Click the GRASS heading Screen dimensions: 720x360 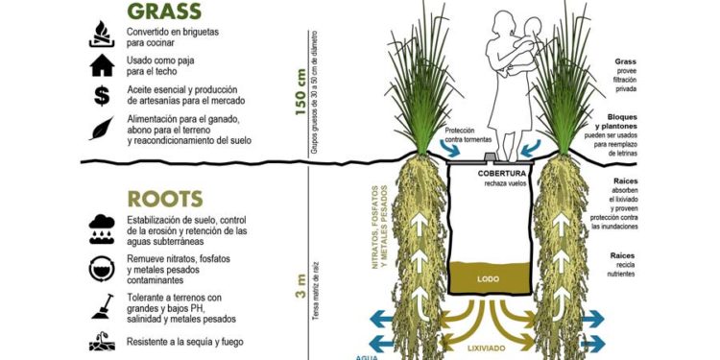click(164, 11)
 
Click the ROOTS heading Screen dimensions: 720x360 click(164, 199)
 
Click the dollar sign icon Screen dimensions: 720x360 click(101, 95)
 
